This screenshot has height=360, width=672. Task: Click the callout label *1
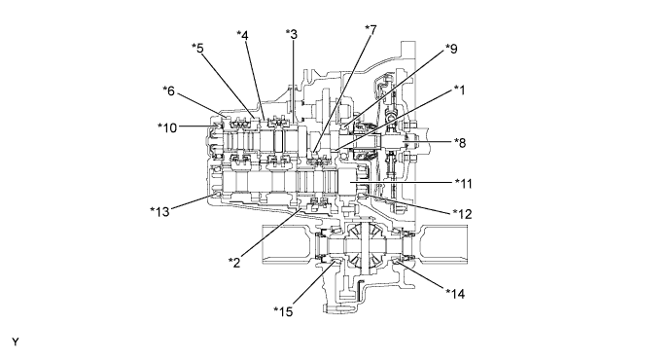[x=459, y=90]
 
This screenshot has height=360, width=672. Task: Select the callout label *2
[x=234, y=263]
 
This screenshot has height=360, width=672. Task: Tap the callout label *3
[x=292, y=34]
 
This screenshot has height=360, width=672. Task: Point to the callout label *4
[x=242, y=35]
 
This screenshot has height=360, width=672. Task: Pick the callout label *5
[x=197, y=48]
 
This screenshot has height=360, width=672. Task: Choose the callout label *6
[x=169, y=90]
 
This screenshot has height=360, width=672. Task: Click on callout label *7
[x=371, y=30]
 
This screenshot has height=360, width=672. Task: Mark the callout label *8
[x=460, y=143]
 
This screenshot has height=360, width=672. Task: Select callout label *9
[x=451, y=49]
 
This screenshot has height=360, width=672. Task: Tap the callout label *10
[x=167, y=127]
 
